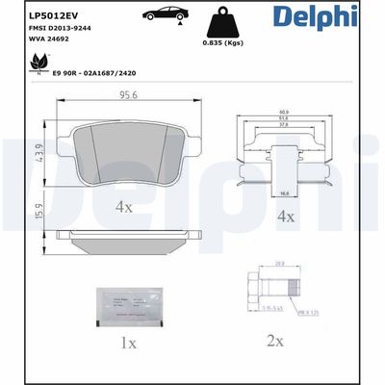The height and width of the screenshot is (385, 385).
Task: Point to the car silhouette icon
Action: [164, 16]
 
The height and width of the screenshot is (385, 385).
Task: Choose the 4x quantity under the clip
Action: [284, 218]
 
